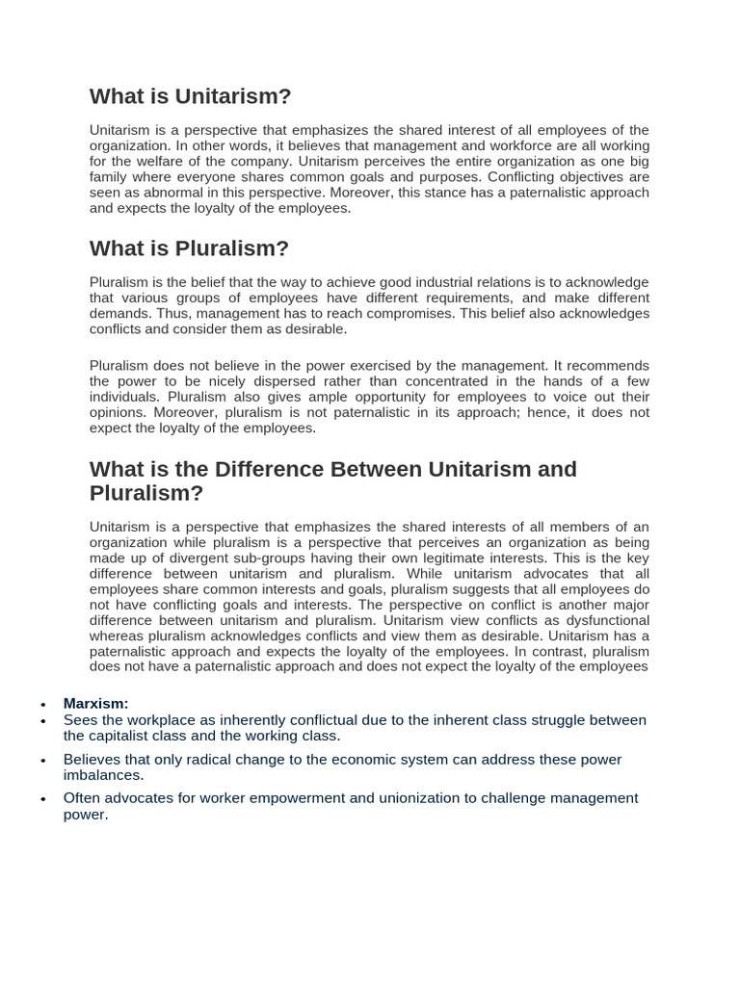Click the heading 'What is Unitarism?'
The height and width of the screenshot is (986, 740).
tap(190, 96)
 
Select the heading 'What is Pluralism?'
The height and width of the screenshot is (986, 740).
tap(189, 248)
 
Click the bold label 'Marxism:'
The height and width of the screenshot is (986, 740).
tap(95, 704)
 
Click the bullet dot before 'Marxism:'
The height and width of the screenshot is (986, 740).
tap(43, 705)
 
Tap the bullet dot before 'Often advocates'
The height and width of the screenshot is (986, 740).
tap(43, 799)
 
